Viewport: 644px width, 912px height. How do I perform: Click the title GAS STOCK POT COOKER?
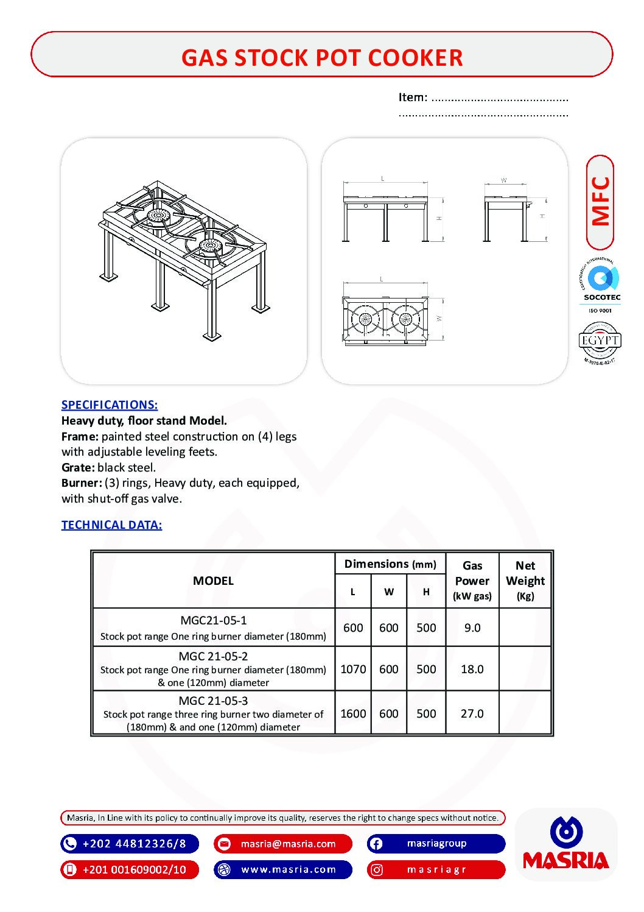(322, 57)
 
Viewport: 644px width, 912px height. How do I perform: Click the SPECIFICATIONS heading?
(110, 405)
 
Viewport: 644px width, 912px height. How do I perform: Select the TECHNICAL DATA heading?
(111, 525)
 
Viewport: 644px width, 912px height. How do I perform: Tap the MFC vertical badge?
(600, 202)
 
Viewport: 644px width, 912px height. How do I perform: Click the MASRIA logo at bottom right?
(566, 844)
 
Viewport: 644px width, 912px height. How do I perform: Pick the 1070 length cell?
(353, 669)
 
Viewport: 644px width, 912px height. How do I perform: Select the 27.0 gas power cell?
(472, 713)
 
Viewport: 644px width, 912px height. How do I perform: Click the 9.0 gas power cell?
(472, 627)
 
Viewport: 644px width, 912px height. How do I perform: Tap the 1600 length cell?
(353, 713)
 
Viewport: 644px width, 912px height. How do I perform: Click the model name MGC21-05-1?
(214, 620)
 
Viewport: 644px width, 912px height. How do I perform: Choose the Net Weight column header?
(525, 580)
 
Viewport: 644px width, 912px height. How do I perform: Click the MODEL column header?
(213, 581)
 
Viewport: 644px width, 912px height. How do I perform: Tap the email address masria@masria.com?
(288, 844)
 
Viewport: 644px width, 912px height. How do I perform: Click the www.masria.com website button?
(289, 869)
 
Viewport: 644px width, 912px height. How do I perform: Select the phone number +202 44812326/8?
(134, 844)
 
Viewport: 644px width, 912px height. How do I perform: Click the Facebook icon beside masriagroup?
(376, 844)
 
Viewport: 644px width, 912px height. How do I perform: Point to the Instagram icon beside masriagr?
(377, 870)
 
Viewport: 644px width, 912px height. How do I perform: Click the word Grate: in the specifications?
(78, 467)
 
